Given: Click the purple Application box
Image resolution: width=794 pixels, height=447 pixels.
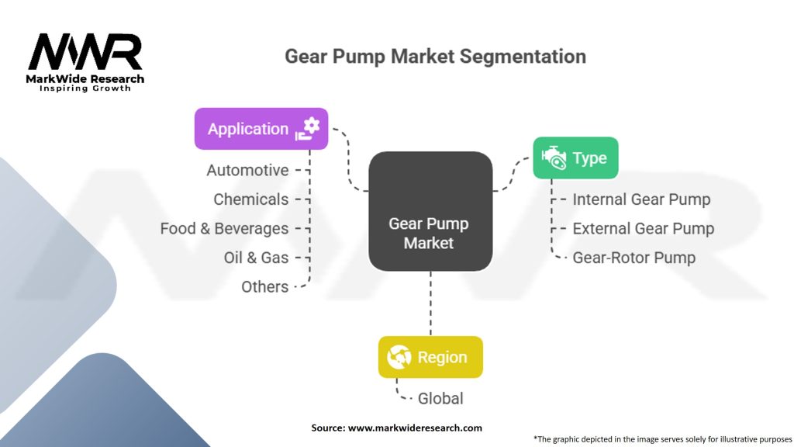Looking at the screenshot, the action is point(261,129).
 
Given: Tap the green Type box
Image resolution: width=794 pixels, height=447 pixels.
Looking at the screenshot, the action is point(576,158).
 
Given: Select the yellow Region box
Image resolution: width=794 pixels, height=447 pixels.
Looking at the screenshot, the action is point(430,357).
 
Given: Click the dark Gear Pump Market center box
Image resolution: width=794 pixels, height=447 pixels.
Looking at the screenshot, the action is point(430,211).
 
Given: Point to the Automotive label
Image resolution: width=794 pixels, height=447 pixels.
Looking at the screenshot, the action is point(247,170).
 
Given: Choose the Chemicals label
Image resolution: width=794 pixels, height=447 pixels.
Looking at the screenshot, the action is point(250,199).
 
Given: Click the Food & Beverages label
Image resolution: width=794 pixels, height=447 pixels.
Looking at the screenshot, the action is point(224,229).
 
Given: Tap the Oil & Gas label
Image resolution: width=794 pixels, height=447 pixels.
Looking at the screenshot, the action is point(256,258).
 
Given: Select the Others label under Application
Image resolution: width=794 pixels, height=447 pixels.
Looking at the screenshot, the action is point(265,287).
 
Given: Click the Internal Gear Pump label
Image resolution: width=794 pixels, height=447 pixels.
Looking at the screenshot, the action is point(641,199).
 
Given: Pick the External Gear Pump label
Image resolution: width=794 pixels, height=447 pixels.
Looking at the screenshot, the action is point(644,229).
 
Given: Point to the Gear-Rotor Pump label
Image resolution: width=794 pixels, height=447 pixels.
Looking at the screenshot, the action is point(634,258).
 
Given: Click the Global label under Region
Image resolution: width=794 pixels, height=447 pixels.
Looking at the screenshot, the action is point(440,398).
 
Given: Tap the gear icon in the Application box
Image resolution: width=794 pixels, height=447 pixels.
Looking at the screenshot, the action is point(307,129).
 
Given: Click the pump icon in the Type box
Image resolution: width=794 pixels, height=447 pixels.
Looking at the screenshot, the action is point(554,158).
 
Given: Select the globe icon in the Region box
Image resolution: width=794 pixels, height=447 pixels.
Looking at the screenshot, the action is point(399,357).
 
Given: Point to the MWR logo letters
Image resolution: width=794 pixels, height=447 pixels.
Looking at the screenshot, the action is point(85,52).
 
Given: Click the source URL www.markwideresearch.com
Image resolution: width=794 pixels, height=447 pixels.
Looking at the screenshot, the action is point(415,428).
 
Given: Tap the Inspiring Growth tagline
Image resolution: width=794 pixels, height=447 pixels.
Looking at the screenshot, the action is point(85,88).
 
